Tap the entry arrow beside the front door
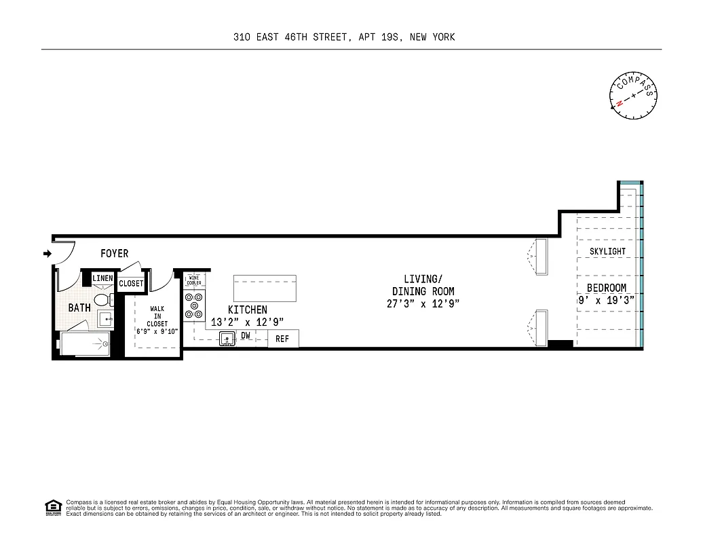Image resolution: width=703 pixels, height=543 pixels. click(47, 254)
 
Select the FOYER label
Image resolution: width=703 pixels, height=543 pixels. click(114, 254)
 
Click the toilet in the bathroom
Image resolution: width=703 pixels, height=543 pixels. click(102, 299)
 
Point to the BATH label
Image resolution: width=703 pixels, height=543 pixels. click(79, 307)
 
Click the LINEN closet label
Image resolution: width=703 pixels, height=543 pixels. click(102, 278)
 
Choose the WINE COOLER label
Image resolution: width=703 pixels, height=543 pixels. click(194, 280)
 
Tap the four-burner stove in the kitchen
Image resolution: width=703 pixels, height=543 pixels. click(195, 305)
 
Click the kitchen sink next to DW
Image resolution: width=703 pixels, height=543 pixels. click(227, 338)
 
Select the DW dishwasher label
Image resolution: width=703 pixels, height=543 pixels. click(246, 335)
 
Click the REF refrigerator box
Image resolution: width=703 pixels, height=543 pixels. click(282, 339)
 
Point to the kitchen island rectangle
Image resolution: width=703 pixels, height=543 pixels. click(265, 288)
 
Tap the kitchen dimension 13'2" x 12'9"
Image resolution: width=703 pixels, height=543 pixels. click(247, 322)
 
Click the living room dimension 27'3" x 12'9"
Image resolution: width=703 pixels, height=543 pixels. click(423, 304)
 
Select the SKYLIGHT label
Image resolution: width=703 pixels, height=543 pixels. click(607, 252)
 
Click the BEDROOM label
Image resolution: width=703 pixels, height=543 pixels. click(607, 288)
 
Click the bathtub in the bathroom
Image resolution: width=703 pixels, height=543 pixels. click(86, 343)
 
